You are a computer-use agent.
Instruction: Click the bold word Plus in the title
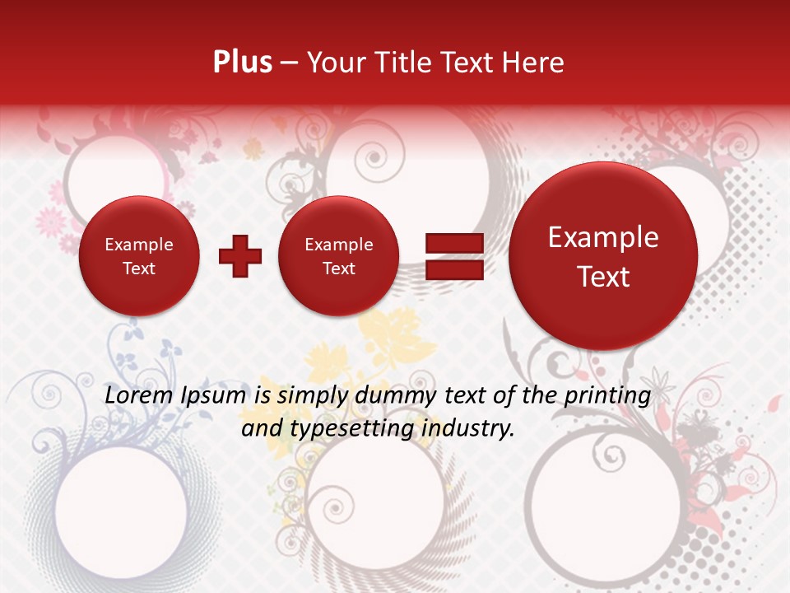(242, 62)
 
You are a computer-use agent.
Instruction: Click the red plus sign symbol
(240, 256)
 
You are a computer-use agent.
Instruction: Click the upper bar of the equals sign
(453, 243)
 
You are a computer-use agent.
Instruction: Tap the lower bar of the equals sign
(453, 270)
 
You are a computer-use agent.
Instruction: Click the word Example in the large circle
(603, 237)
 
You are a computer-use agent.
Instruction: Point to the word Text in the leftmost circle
(138, 268)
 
